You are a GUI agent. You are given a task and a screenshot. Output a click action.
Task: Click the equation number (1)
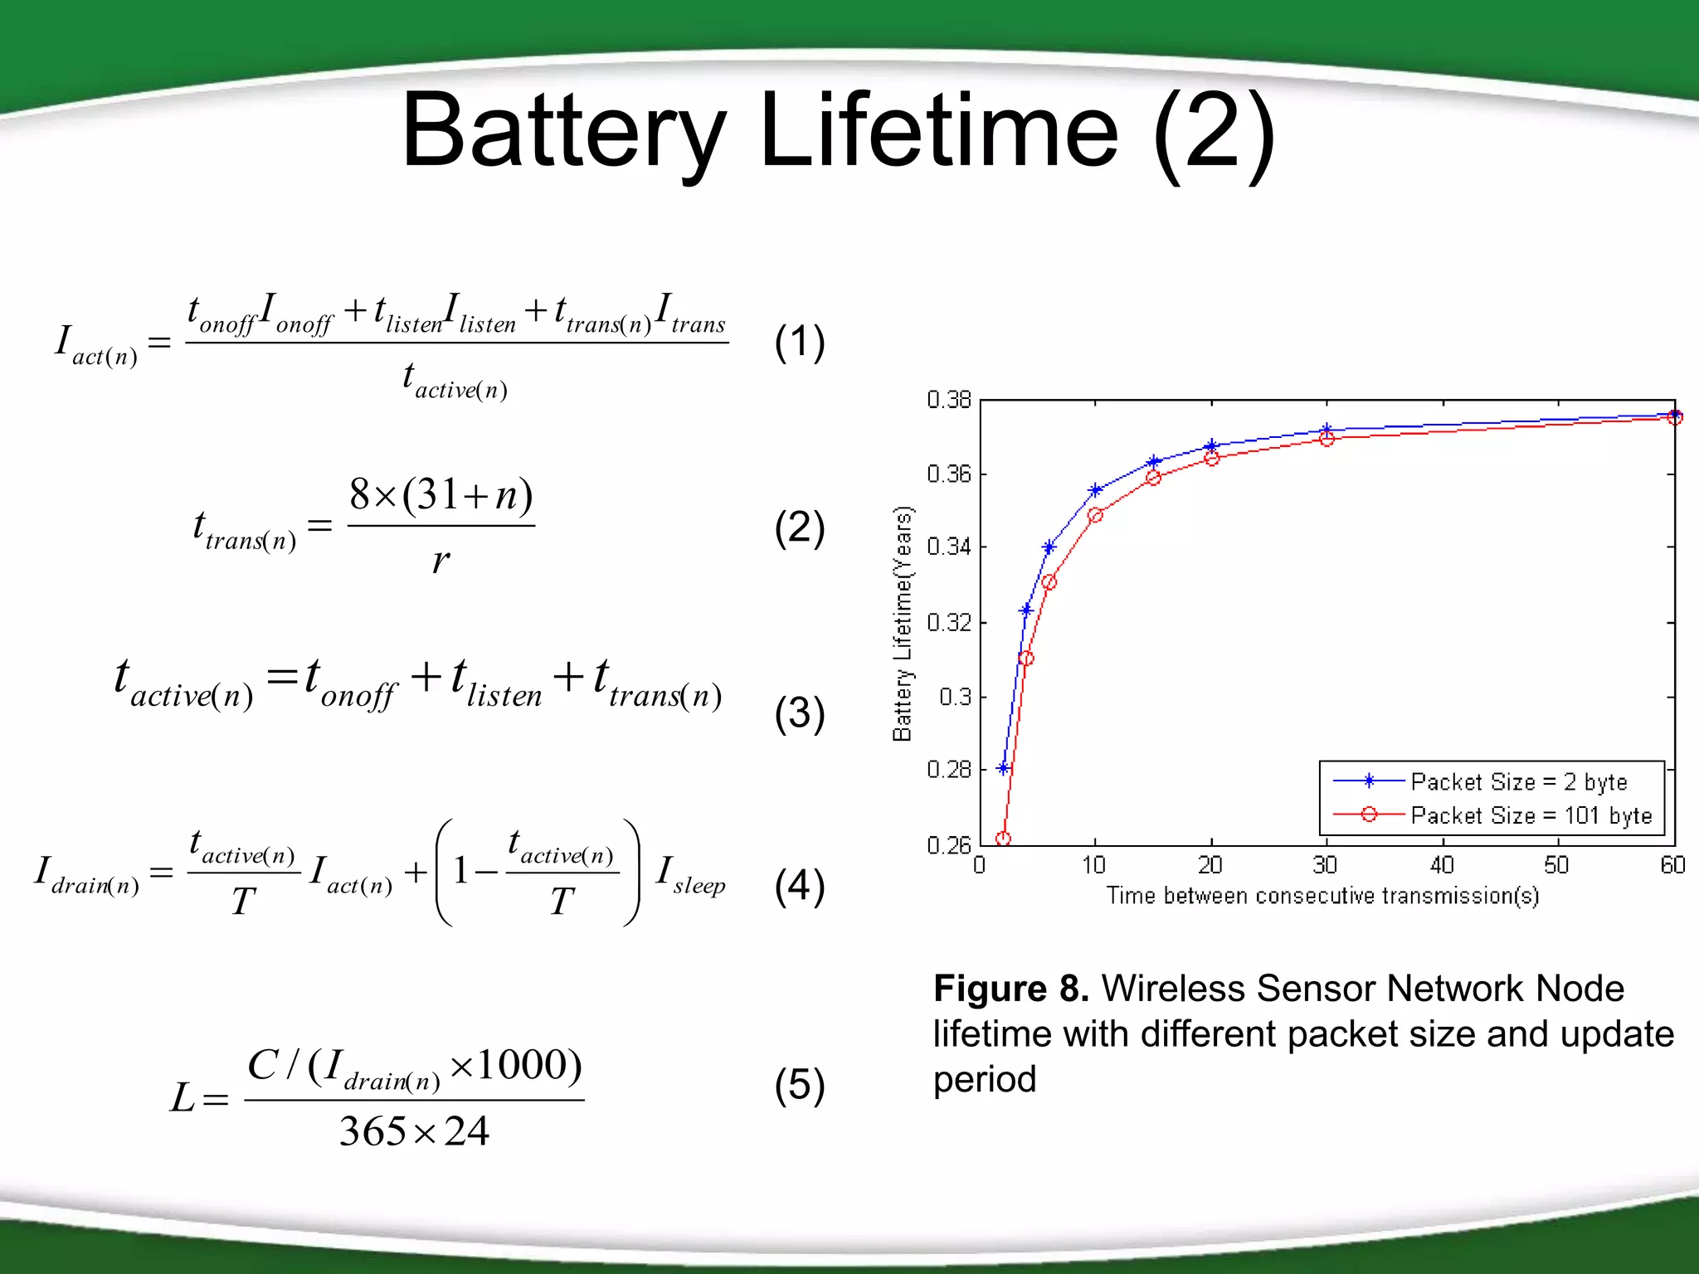799,342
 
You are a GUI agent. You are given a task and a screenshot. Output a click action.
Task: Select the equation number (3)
799,713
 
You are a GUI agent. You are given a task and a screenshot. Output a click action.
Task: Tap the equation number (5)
799,1085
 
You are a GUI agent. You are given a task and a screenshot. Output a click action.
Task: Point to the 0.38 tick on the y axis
949,400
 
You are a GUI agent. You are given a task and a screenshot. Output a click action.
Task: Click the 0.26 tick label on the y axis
949,845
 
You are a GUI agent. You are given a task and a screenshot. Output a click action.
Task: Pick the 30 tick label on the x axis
1325,866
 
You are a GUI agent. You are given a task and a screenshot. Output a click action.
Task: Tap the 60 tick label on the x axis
1672,866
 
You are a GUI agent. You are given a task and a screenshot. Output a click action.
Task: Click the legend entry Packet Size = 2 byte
1518,781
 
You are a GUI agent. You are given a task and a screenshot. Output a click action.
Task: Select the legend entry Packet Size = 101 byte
1531,815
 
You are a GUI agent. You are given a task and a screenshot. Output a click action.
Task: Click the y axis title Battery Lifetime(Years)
903,622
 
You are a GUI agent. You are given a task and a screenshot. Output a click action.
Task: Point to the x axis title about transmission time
1322,896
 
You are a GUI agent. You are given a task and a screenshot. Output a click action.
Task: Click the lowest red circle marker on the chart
1003,839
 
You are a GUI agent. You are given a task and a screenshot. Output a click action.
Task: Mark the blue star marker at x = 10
1095,490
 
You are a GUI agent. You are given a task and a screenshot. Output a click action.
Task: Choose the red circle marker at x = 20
1211,458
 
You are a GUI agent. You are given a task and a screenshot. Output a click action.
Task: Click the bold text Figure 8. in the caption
1010,989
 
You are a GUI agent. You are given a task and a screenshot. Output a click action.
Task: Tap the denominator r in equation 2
441,561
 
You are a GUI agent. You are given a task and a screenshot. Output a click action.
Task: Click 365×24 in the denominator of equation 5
414,1131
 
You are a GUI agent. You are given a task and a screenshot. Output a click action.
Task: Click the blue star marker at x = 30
1327,430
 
